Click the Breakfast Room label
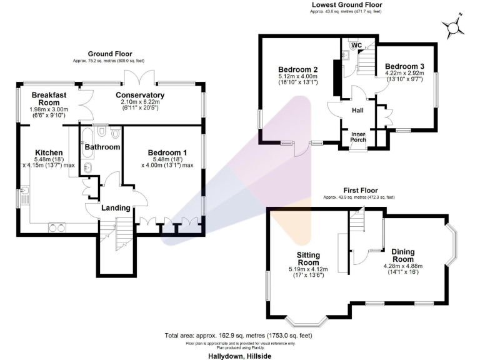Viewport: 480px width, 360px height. click(49, 99)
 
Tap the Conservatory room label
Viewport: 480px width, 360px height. click(140, 96)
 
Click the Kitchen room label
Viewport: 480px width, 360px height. click(49, 152)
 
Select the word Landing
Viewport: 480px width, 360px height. click(116, 207)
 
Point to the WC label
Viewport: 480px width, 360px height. click(356, 45)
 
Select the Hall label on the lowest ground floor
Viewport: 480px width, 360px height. click(357, 110)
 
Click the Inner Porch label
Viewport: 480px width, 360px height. click(358, 137)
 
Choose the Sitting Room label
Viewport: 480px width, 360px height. click(308, 259)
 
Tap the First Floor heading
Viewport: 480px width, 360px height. click(359, 190)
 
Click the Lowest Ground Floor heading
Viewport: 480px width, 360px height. click(346, 5)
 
